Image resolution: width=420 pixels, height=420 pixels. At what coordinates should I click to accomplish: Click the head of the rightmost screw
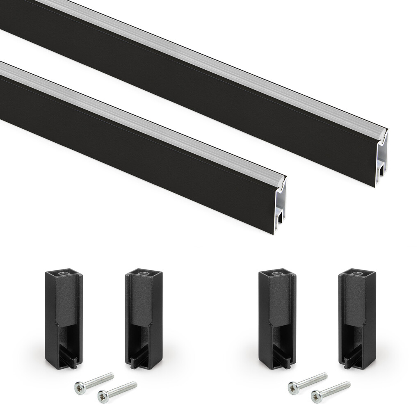[316, 396]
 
